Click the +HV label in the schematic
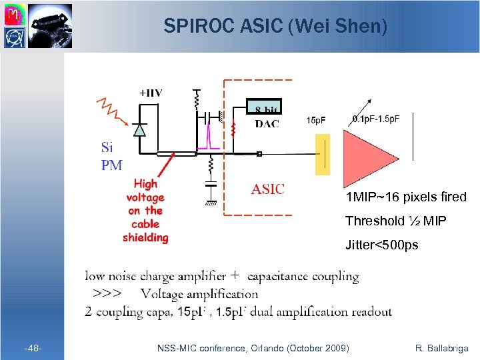[x=150, y=93]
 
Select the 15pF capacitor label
[x=316, y=121]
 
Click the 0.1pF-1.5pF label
[x=375, y=119]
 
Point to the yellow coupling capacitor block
[x=322, y=154]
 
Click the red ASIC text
[x=267, y=189]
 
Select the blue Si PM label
[x=111, y=156]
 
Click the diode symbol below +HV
[x=139, y=131]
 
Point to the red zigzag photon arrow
[x=111, y=111]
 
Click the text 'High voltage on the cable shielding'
[x=145, y=210]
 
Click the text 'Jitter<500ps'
[x=382, y=245]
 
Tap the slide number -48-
[x=33, y=348]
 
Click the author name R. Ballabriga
[x=441, y=348]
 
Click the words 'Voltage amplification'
[x=199, y=294]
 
